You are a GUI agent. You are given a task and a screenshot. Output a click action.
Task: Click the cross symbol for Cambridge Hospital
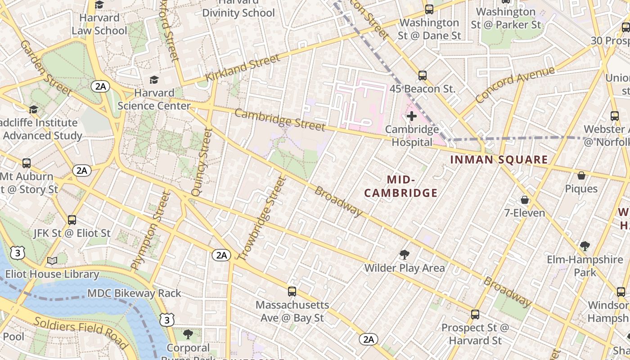[411, 117]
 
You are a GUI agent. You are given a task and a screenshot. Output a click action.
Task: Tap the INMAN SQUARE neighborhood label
[499, 160]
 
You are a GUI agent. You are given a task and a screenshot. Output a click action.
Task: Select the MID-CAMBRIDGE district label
[400, 186]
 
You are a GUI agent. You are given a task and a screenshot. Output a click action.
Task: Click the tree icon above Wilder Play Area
[405, 255]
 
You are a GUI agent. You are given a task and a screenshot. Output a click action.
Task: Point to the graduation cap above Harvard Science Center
[154, 80]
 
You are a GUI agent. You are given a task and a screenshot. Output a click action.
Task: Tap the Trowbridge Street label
[262, 218]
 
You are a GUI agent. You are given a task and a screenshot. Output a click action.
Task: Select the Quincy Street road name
[202, 162]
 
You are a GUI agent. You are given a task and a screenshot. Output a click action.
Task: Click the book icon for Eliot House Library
[52, 261]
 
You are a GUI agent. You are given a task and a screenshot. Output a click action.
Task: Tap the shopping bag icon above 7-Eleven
[524, 200]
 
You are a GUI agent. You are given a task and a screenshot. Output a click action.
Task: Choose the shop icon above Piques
[581, 175]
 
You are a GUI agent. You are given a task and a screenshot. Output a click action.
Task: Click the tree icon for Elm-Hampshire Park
[585, 246]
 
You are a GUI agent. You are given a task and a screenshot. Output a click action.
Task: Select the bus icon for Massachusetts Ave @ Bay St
[292, 292]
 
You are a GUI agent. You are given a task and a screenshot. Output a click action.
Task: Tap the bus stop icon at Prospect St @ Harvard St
[475, 315]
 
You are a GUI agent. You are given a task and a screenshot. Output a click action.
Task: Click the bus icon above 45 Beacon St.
[422, 76]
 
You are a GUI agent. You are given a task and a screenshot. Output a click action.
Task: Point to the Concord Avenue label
[515, 84]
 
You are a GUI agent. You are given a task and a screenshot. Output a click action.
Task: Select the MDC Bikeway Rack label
[134, 293]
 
